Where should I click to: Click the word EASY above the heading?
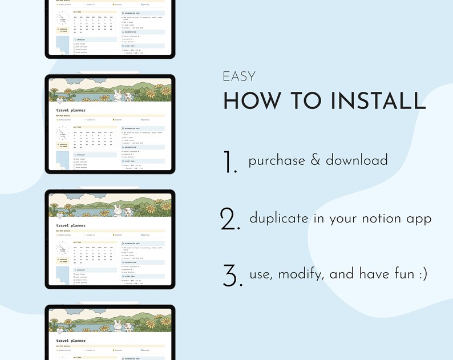tap(239, 76)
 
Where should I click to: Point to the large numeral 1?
tap(230, 163)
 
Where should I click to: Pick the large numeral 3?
tap(230, 276)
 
